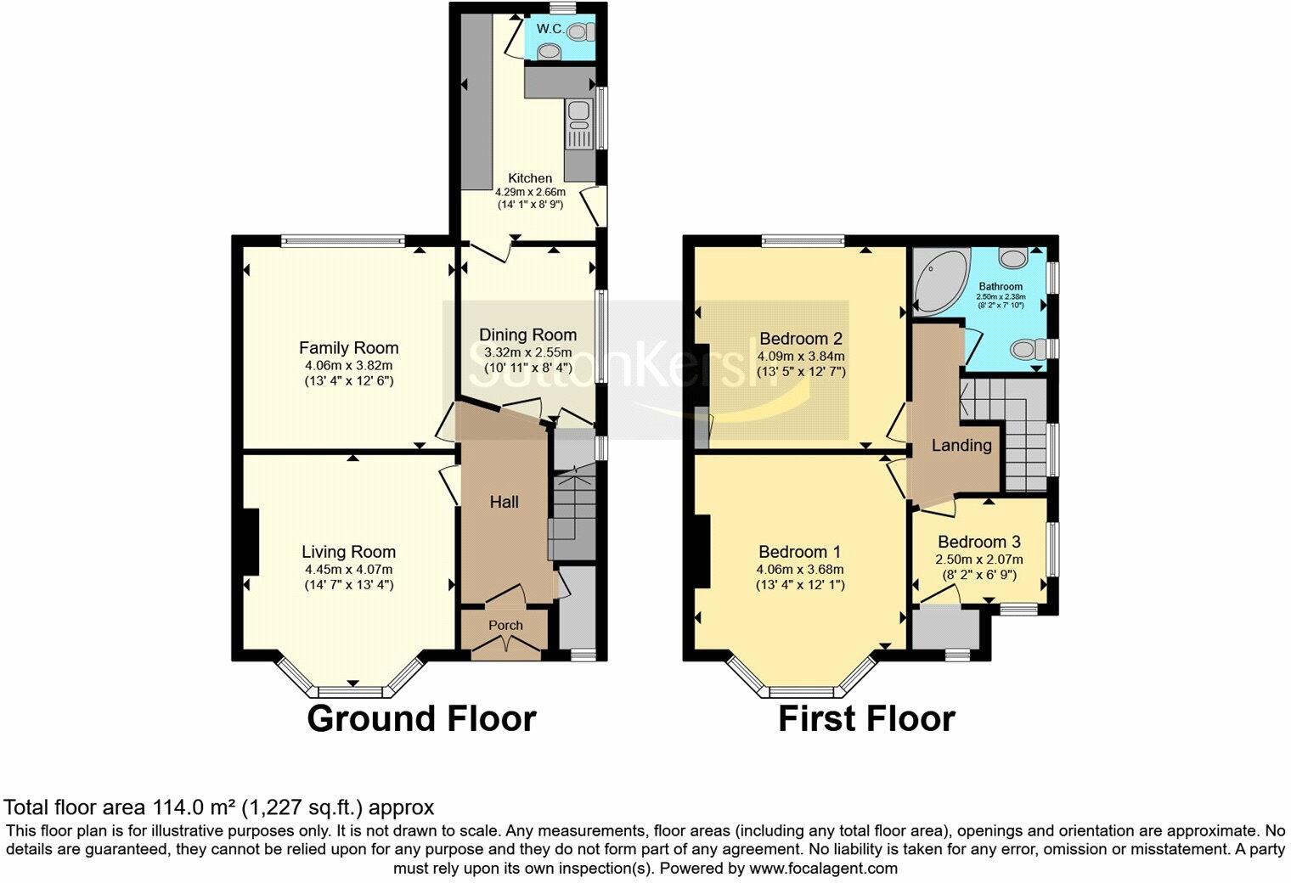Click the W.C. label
(x=551, y=30)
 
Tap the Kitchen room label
(x=530, y=178)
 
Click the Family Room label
(x=348, y=347)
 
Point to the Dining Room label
(x=527, y=335)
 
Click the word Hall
(x=504, y=502)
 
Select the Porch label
(x=506, y=625)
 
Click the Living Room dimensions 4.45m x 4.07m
(x=348, y=569)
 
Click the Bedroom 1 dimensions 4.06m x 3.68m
(x=800, y=569)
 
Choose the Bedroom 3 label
(x=978, y=542)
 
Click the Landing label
(x=961, y=445)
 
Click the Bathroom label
(x=1001, y=286)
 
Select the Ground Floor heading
(x=421, y=718)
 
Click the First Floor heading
(x=866, y=718)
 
